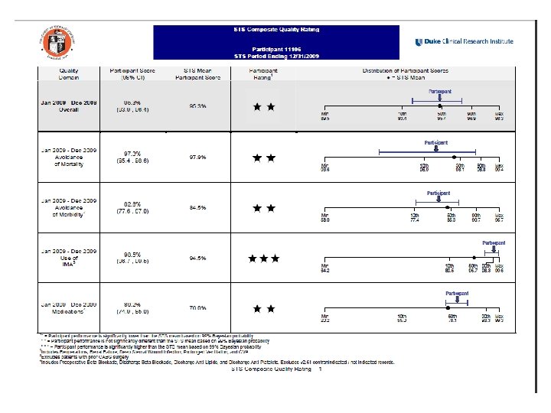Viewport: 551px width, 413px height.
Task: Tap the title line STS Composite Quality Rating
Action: (276, 29)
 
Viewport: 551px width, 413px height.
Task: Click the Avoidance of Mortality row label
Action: (70, 157)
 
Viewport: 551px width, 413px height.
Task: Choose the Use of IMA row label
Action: (70, 258)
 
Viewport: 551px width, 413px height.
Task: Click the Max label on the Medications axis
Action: (498, 318)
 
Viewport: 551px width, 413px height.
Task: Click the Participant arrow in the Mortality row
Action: (436, 150)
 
